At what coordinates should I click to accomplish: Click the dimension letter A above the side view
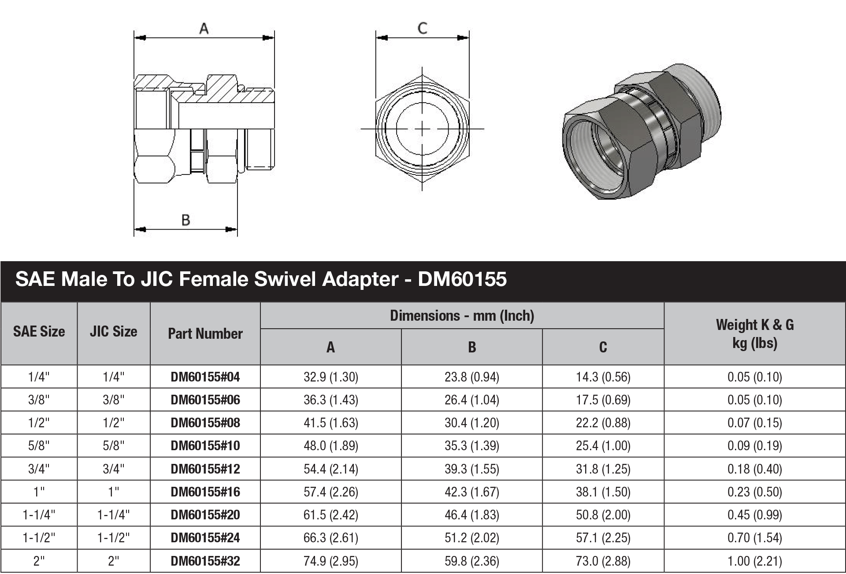pos(204,29)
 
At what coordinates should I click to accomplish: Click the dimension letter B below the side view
pos(186,220)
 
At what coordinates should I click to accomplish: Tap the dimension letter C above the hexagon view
pos(422,28)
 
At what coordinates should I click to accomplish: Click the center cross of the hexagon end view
pos(422,129)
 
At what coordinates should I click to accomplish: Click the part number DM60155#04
pos(205,377)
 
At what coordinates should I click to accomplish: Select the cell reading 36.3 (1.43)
pos(330,400)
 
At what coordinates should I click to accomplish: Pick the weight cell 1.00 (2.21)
pos(754,561)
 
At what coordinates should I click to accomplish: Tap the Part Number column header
pos(205,333)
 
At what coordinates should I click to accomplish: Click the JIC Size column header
pos(113,331)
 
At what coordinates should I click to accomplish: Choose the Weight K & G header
pos(754,333)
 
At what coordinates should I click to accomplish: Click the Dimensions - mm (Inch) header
pos(462,315)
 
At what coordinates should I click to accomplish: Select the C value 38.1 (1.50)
pos(603,492)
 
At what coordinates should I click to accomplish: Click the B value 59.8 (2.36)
pos(471,561)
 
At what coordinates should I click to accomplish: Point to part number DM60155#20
pos(205,515)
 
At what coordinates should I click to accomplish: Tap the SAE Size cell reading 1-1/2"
pos(39,538)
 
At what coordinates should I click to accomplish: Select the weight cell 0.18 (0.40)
pos(754,469)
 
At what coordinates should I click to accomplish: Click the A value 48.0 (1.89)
pos(330,446)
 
